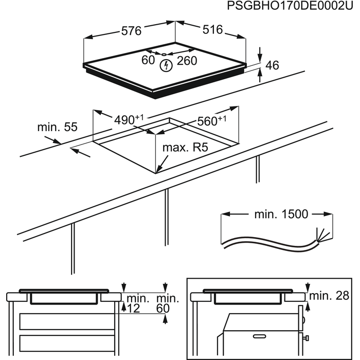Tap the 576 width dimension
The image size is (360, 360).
[x=131, y=30]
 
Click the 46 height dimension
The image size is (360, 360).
[x=273, y=65]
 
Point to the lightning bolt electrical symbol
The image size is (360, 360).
[x=166, y=65]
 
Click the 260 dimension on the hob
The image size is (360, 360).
[x=187, y=61]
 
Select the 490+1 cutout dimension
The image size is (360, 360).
[x=129, y=120]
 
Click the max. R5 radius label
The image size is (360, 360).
[x=185, y=148]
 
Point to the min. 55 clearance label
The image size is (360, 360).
[x=57, y=127]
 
